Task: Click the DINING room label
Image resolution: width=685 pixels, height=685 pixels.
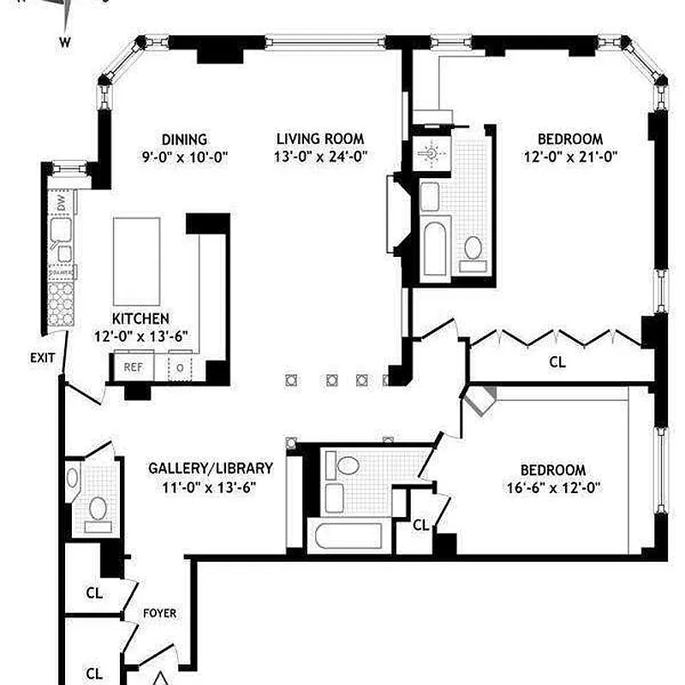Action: pos(184,140)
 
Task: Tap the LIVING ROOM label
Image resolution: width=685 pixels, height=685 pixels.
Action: pos(320,139)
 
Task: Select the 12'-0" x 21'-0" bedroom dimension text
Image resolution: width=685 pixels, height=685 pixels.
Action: pos(570,157)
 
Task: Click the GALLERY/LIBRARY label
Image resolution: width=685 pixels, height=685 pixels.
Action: pos(211,468)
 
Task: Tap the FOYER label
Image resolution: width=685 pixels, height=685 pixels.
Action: pos(159,613)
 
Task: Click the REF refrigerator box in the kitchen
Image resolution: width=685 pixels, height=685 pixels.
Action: pos(133,366)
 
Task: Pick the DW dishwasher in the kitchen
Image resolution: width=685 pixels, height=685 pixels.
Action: pos(61,203)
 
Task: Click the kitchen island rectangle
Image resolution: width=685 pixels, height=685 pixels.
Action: pos(137,255)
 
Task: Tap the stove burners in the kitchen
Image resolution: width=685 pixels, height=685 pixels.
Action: pos(61,301)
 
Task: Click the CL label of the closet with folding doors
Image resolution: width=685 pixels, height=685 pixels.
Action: pos(557,362)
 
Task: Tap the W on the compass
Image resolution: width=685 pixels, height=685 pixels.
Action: pos(65,40)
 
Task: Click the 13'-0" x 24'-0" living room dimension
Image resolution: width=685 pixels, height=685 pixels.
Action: pos(320,157)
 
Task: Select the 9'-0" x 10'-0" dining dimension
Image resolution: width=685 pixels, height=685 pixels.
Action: pos(184,157)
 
